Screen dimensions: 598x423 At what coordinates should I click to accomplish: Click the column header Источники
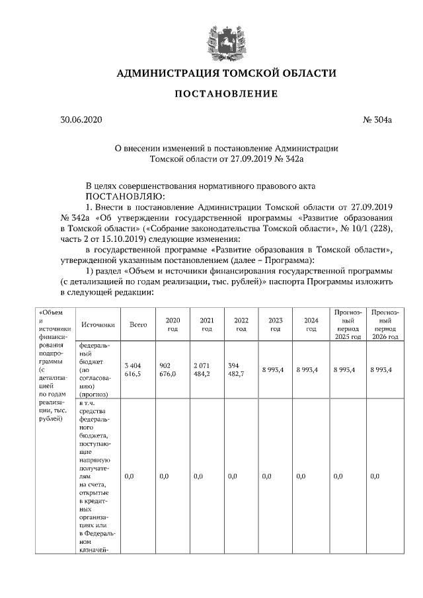pos(98,324)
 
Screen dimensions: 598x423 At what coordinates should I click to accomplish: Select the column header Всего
pos(137,324)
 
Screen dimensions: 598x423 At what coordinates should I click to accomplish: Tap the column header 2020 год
pos(172,324)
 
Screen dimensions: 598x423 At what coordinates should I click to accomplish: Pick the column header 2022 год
pos(241,324)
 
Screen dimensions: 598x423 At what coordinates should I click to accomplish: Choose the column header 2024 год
pos(309,324)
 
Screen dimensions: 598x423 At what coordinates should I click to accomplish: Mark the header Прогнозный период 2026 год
pos(385,324)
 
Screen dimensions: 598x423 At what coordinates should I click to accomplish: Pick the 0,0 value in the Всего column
pos(130,476)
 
